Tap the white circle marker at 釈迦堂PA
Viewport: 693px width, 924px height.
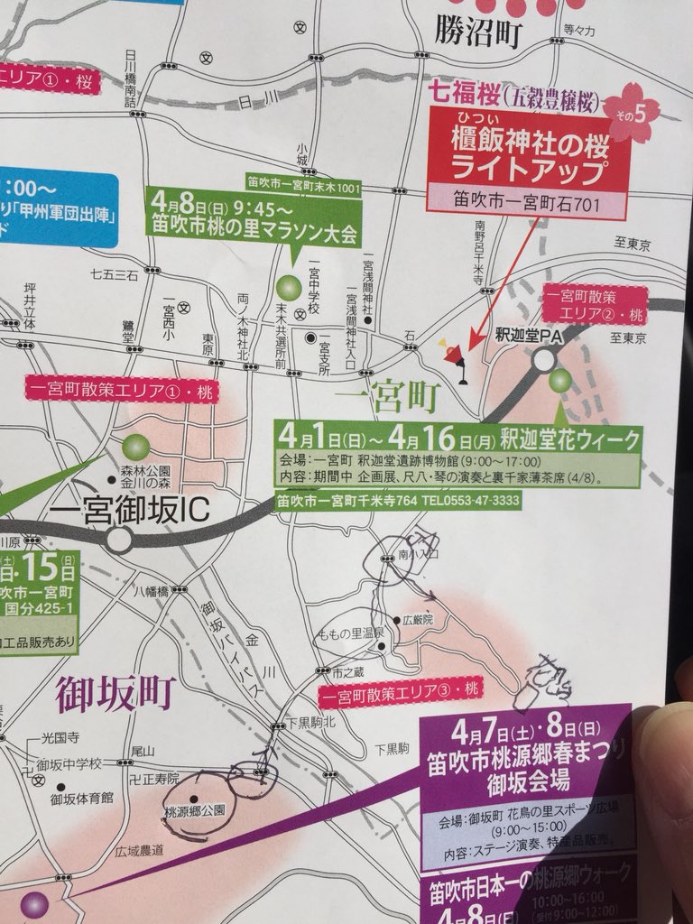tap(543, 361)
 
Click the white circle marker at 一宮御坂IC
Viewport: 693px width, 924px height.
tap(120, 540)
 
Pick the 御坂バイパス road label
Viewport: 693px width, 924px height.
tap(223, 652)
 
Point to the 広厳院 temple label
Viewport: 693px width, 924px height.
tap(418, 621)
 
